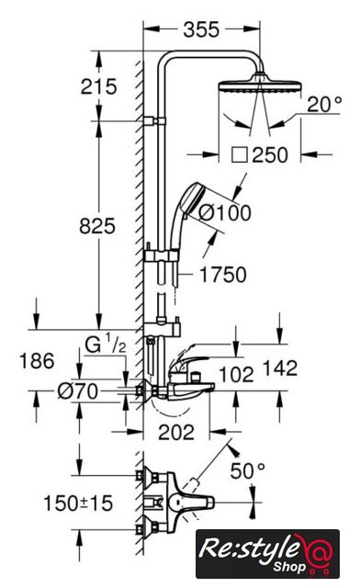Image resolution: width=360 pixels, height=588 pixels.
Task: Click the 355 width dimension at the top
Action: tap(201, 29)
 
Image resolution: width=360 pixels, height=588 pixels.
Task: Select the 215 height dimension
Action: tap(99, 86)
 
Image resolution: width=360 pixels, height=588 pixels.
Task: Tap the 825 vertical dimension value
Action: tap(97, 227)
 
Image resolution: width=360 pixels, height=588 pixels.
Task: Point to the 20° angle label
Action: tap(325, 104)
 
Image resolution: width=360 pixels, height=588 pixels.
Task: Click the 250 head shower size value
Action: tap(270, 155)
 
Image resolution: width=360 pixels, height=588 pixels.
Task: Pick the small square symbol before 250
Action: tap(240, 155)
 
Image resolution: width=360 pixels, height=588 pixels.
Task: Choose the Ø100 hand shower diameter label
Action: tap(225, 213)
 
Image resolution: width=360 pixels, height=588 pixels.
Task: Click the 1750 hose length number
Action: tap(223, 275)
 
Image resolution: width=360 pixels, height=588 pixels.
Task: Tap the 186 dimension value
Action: tap(37, 361)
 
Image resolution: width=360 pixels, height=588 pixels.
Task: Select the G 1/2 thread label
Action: tap(106, 345)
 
